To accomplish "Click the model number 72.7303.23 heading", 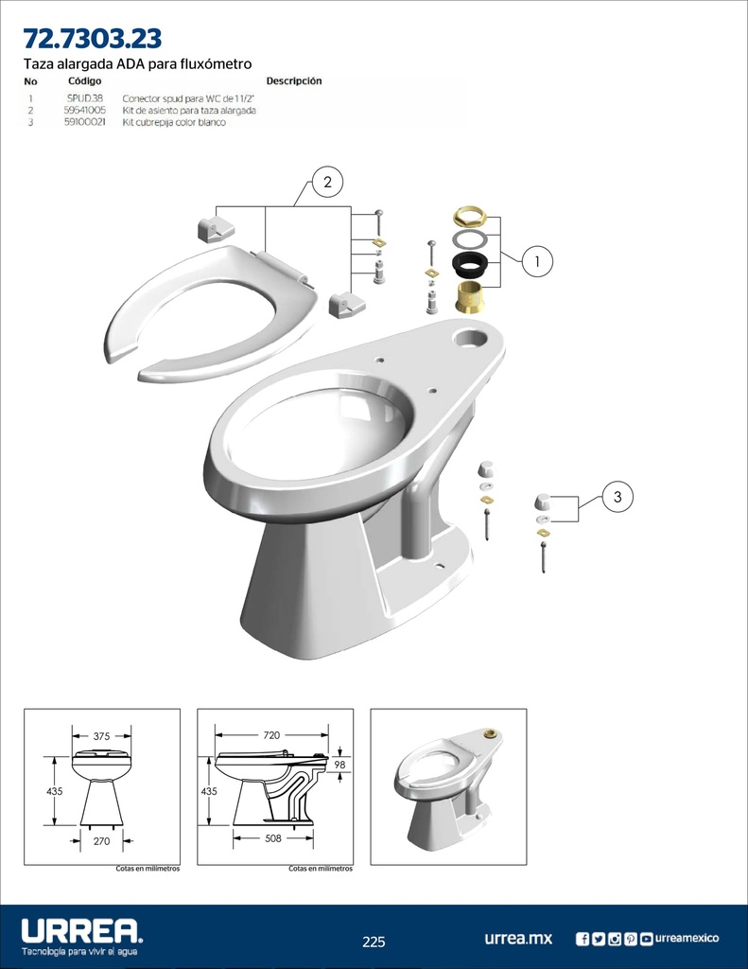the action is tap(93, 38).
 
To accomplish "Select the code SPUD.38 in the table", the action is tap(84, 98).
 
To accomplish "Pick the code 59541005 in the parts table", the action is tap(84, 110).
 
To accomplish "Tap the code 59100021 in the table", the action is tap(84, 122).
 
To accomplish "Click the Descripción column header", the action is tap(294, 81).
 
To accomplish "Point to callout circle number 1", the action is tap(537, 261).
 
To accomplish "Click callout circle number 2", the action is tap(327, 182).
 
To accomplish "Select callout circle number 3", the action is tap(618, 496).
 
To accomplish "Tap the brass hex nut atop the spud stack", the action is tap(470, 217).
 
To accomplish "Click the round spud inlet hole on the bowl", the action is tap(471, 338).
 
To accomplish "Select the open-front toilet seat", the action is tap(211, 312).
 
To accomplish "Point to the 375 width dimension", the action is tap(101, 736).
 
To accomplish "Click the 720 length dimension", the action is tap(271, 735).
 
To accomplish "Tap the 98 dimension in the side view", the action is tap(339, 765).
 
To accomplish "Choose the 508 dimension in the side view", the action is tap(273, 838).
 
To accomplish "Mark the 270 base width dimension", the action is tap(101, 841).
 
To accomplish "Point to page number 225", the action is tap(374, 942).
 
